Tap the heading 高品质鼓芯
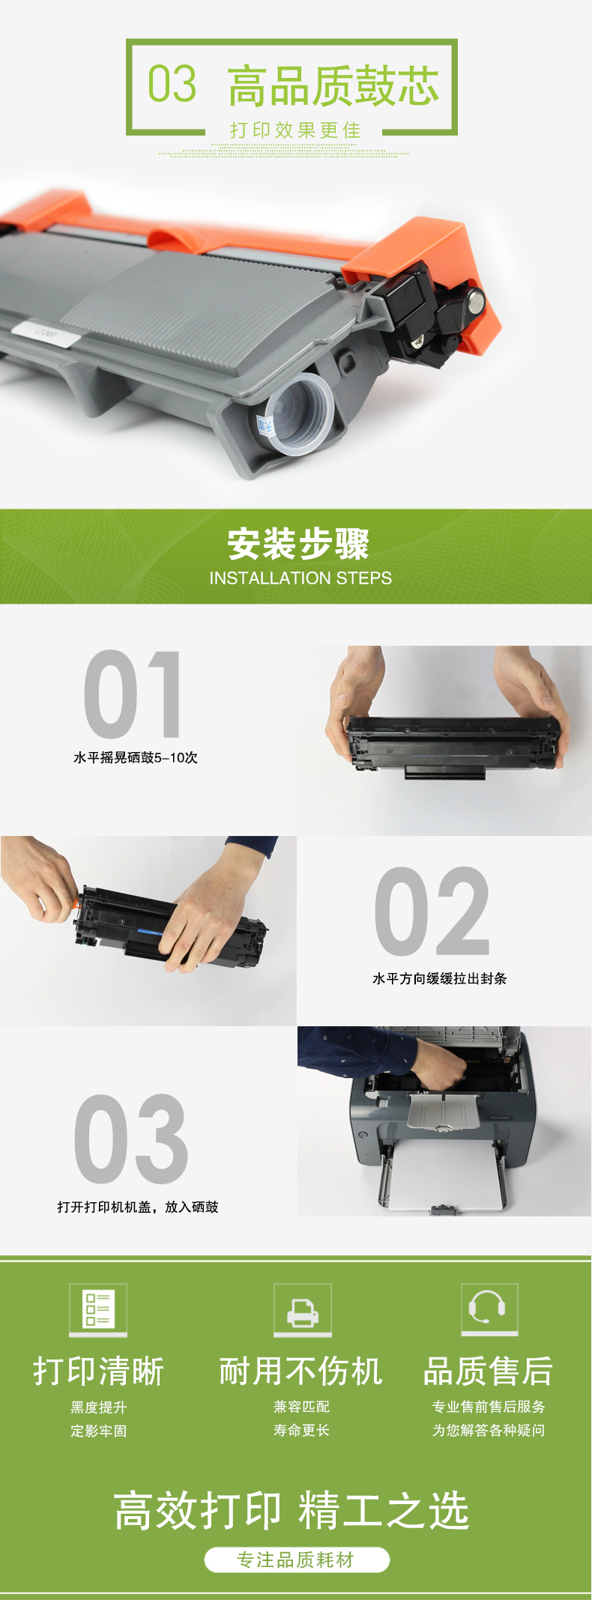coord(333,85)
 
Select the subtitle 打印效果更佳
coord(295,130)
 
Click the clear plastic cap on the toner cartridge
coord(298,414)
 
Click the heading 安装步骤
coord(298,544)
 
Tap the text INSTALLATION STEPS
coord(300,578)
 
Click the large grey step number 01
coord(133,694)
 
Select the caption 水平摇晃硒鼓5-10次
coord(136,757)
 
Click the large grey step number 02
coord(432,911)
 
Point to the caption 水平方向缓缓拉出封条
coord(440,978)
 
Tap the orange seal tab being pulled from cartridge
coord(76,904)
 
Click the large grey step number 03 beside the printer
coord(131,1139)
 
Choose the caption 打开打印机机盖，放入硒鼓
coord(138,1207)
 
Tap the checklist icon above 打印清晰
coord(98,1309)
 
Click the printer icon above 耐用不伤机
coord(302,1309)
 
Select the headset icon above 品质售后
coord(489,1309)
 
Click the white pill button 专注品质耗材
coord(297,1560)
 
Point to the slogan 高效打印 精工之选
coord(292,1510)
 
